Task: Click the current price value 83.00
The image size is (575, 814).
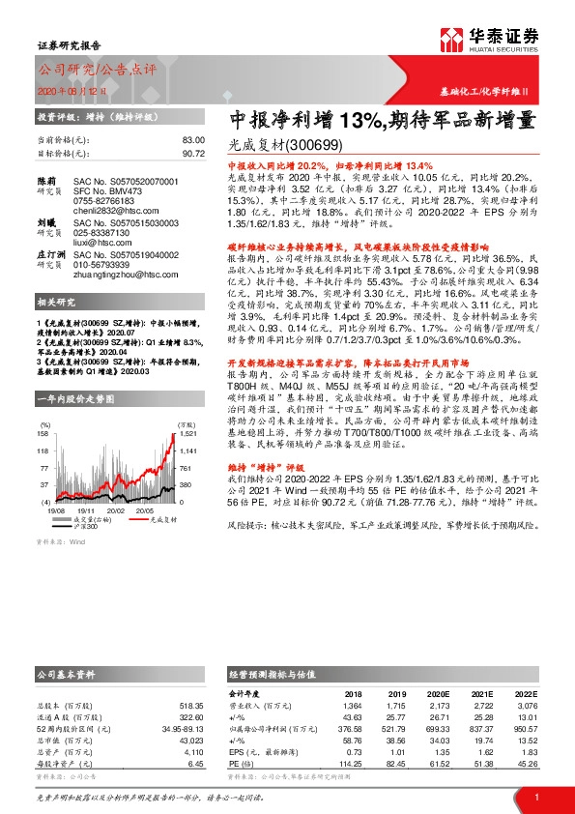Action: [193, 140]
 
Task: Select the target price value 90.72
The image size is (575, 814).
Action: [193, 153]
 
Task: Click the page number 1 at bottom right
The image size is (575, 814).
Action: [536, 797]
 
